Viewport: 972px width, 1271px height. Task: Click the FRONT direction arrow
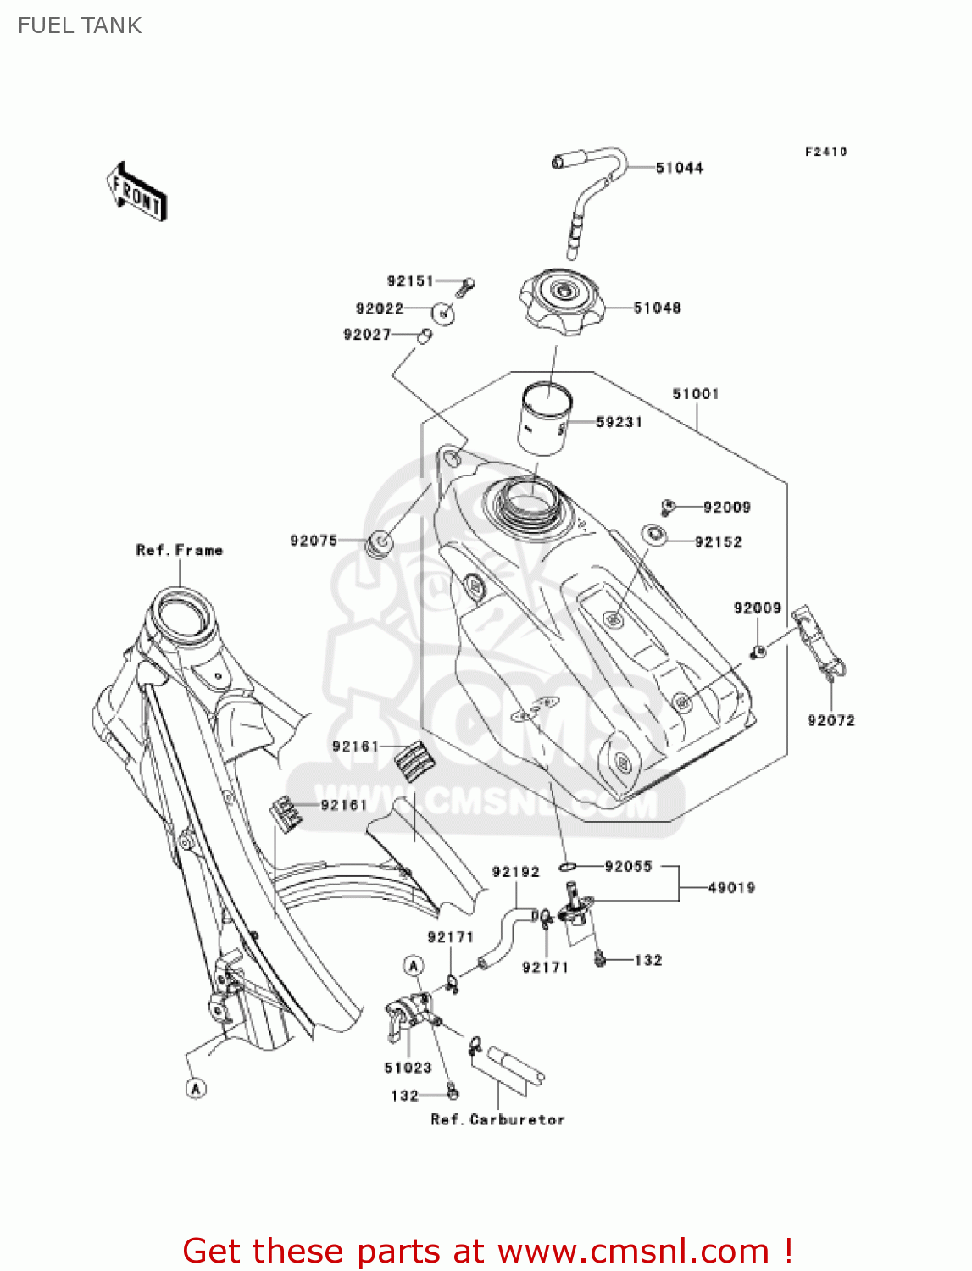point(136,192)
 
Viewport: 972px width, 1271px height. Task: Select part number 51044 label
point(679,168)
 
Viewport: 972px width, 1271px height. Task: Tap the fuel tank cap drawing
point(561,302)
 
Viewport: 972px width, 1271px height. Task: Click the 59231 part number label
point(619,422)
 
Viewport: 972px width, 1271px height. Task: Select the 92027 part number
point(366,335)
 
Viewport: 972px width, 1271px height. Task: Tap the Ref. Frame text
point(179,550)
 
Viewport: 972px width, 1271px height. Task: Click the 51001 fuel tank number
point(695,394)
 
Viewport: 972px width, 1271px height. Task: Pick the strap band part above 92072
point(817,641)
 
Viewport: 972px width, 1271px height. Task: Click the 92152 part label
point(718,542)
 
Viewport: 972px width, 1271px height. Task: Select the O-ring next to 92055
point(568,866)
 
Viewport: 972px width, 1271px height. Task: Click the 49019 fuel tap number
point(730,888)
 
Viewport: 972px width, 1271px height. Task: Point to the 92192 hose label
point(515,872)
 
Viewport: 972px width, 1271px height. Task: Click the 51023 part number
point(408,1068)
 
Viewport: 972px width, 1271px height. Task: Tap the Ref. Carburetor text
point(497,1119)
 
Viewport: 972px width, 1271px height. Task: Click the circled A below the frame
point(196,1087)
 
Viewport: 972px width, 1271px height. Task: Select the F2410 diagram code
point(825,152)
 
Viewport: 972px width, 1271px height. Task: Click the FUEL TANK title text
point(80,25)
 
